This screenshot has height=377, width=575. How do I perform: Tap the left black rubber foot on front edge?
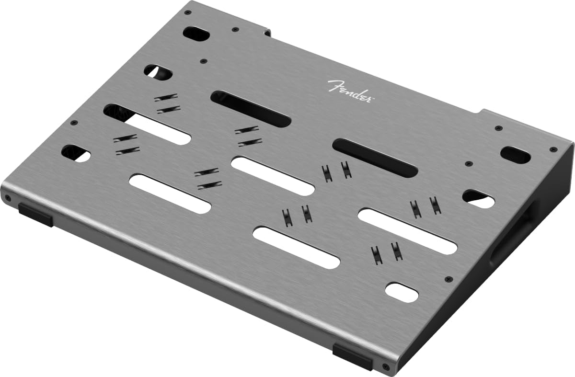[x=35, y=214]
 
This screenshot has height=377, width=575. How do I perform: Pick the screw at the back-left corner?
[x=188, y=12]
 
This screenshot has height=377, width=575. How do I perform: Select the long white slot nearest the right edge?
[x=407, y=231]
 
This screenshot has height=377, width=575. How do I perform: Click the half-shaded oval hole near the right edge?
[x=478, y=199]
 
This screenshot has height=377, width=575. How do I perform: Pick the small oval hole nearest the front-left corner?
[x=76, y=153]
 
